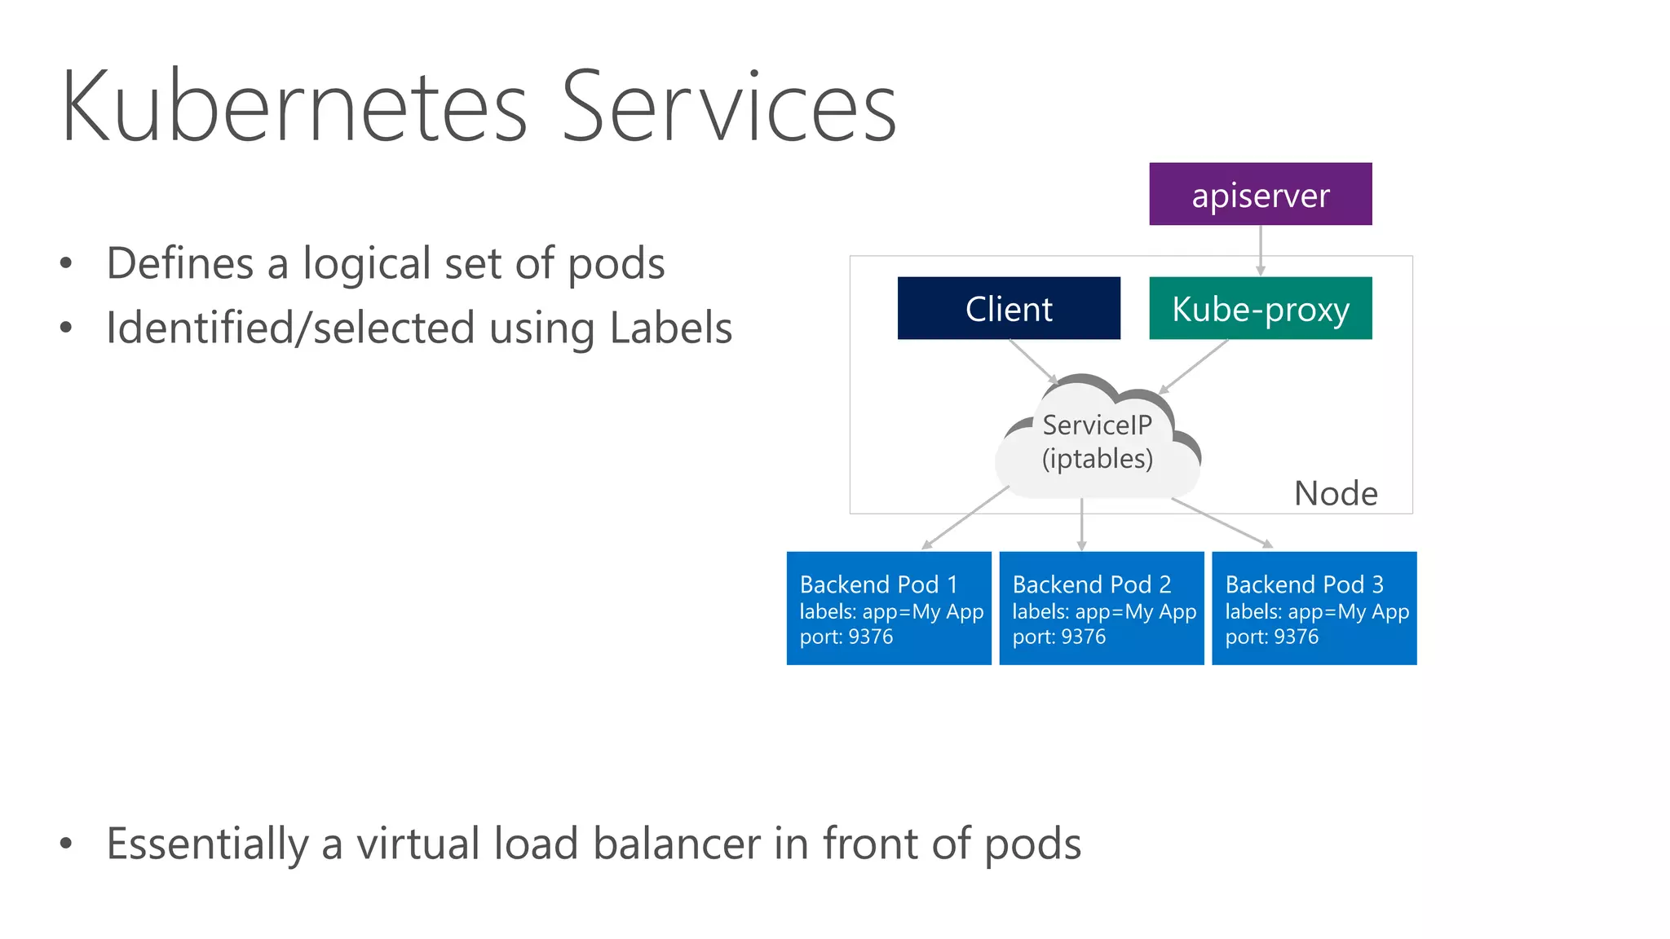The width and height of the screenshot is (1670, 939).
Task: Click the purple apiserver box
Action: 1260,194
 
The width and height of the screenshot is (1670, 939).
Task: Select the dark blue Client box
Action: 1009,308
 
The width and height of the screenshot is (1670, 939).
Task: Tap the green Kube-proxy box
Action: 1260,308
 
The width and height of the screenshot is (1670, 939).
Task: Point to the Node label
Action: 1336,493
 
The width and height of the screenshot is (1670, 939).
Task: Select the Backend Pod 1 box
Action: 889,608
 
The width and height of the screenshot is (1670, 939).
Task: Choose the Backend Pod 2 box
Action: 1101,608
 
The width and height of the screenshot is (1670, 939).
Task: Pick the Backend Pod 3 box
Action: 1314,608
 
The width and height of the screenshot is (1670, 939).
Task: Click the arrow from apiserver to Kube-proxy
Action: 1261,249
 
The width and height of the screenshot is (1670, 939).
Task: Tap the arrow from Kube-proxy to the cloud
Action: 1195,366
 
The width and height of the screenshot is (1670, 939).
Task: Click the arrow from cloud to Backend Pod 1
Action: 966,518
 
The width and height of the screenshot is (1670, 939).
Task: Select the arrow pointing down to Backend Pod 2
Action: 1082,524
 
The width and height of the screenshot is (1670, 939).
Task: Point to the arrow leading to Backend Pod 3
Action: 1221,522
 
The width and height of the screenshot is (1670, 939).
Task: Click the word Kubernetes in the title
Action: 294,108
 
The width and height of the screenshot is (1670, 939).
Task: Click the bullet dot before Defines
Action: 66,263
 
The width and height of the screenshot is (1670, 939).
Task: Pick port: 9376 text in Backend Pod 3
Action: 1271,637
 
